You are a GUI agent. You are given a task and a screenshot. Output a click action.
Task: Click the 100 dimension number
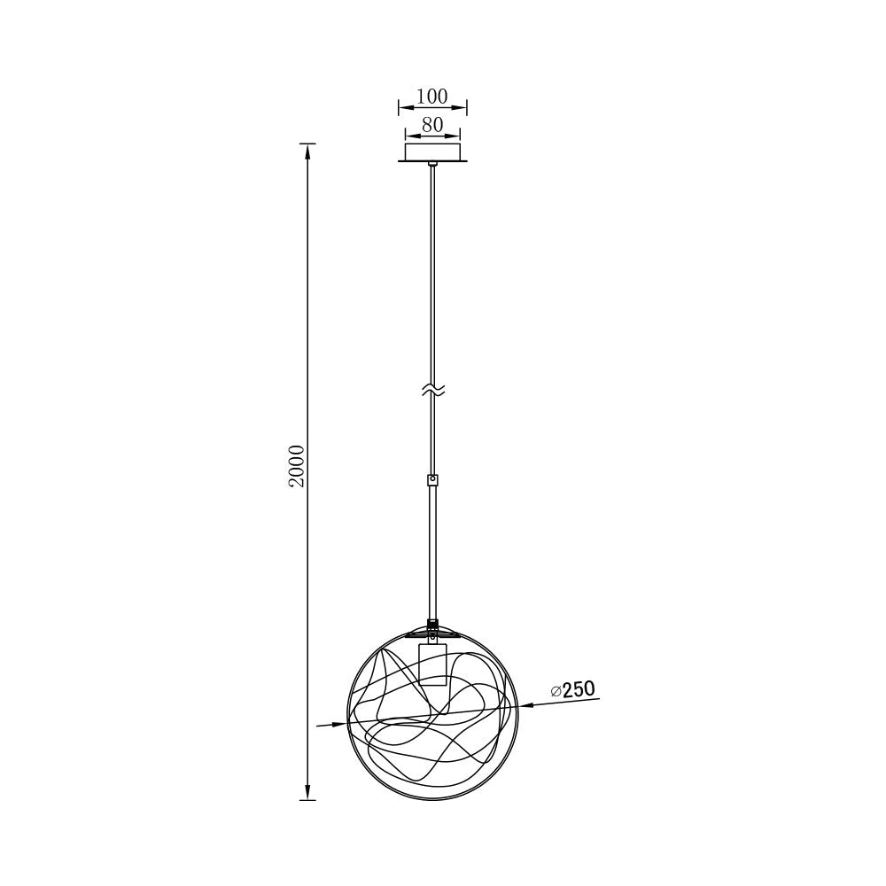click(432, 96)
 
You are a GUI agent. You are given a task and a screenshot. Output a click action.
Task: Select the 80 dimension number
click(432, 125)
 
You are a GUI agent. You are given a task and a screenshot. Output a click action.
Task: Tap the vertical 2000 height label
click(297, 466)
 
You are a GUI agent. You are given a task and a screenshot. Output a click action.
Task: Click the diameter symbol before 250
click(556, 691)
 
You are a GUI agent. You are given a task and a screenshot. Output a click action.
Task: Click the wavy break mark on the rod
click(432, 390)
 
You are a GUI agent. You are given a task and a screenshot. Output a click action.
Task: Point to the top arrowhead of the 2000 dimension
click(307, 151)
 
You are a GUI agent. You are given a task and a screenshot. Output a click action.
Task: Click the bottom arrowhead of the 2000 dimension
click(307, 792)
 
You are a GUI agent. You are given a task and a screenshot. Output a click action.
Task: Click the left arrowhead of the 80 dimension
click(409, 136)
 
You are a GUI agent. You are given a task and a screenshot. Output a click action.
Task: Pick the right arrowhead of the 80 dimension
click(455, 136)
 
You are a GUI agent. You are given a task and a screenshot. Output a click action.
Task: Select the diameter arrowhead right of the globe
click(526, 706)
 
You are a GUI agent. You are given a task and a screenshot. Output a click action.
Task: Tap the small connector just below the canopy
click(432, 165)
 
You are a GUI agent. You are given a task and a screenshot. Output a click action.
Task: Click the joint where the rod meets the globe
click(432, 623)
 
